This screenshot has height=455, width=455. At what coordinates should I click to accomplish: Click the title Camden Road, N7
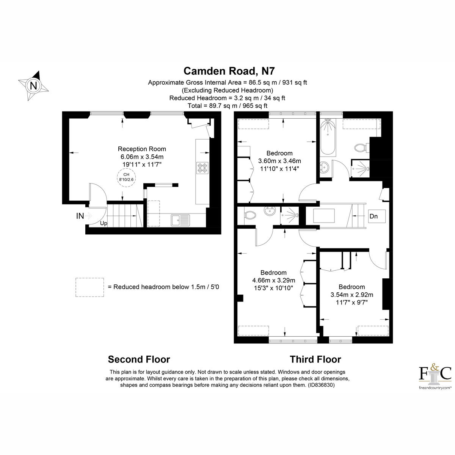(x=229, y=71)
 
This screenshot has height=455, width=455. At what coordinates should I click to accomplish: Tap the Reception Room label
(x=142, y=149)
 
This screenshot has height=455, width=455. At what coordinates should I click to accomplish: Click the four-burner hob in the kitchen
(x=202, y=168)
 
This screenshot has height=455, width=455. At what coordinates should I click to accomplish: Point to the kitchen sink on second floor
(x=180, y=220)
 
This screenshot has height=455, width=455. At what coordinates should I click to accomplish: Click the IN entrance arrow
(x=84, y=216)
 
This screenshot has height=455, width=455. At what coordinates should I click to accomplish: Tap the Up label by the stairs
(x=104, y=223)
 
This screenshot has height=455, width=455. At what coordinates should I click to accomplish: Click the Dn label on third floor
(x=373, y=216)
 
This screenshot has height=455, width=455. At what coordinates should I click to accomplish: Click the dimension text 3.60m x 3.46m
(x=279, y=161)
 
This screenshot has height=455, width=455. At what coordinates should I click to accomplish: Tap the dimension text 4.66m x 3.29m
(x=273, y=280)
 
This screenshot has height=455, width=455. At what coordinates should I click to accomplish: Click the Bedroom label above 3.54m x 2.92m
(x=351, y=287)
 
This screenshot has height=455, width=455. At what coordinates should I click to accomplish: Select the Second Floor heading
(x=139, y=359)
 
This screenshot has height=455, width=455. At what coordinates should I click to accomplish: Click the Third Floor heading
(x=315, y=359)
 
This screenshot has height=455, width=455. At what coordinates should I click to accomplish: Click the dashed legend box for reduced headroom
(x=89, y=287)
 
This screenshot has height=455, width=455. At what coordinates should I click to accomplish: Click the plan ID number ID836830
(x=320, y=385)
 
